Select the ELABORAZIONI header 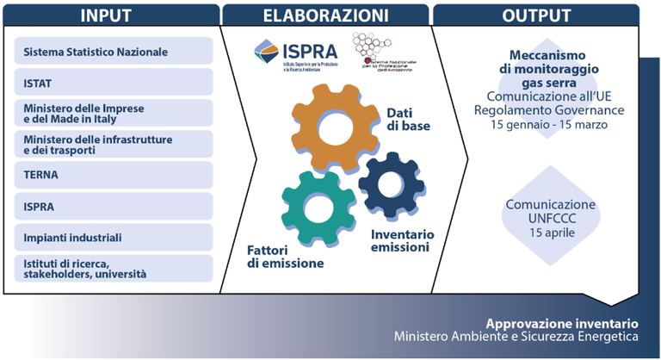(325, 15)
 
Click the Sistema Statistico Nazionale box (114, 51)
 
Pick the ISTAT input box (114, 82)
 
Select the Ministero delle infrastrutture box (114, 144)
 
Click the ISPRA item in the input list (114, 206)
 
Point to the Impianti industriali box (114, 237)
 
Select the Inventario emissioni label (402, 241)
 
